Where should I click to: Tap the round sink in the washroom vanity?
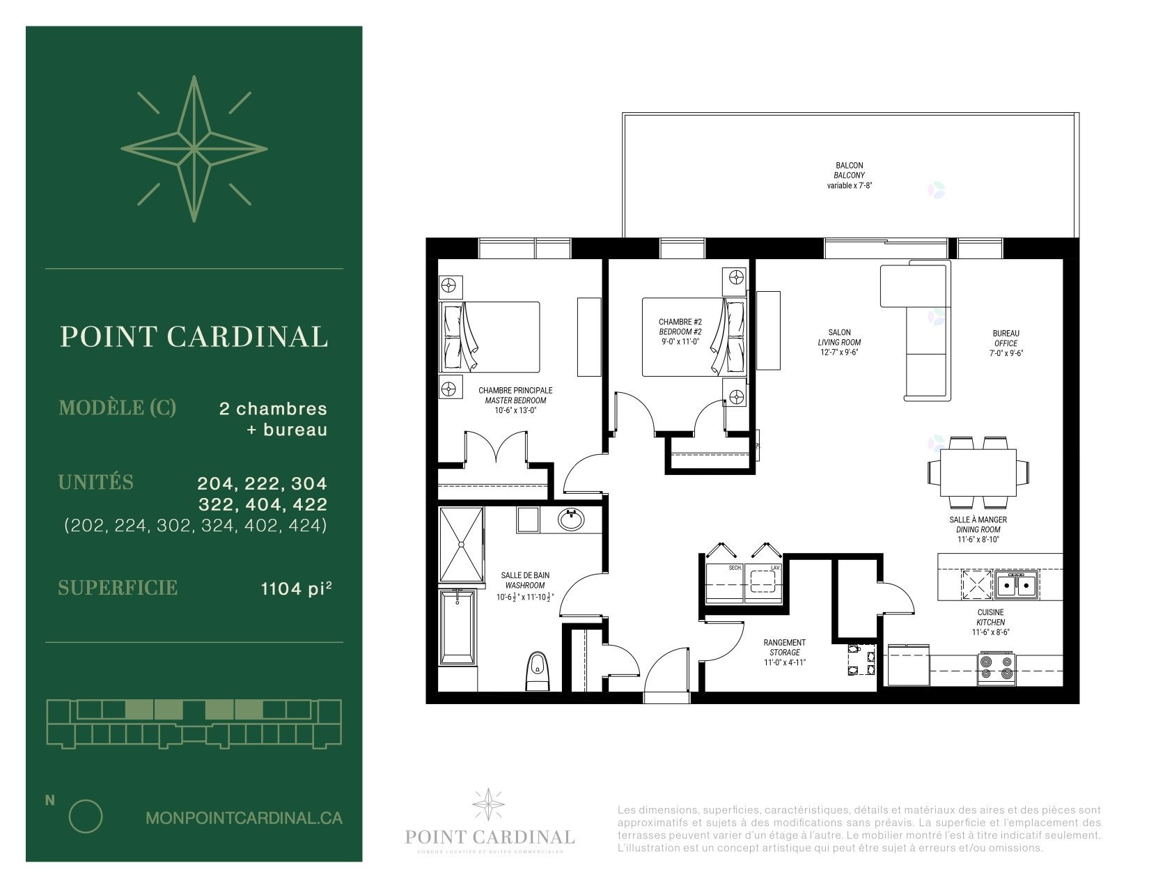click(x=571, y=520)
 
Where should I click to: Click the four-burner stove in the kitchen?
click(x=996, y=667)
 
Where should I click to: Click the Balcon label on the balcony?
click(x=850, y=166)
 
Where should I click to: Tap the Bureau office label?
click(x=1006, y=334)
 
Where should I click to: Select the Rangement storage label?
click(x=784, y=643)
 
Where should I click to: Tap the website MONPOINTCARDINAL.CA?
click(x=244, y=818)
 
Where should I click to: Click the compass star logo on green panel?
click(x=194, y=149)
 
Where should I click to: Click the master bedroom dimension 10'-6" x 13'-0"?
click(x=515, y=410)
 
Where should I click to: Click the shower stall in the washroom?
click(x=461, y=544)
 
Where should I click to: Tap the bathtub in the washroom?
click(x=458, y=627)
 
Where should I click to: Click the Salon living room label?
click(x=839, y=333)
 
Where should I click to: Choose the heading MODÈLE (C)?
click(x=117, y=407)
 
